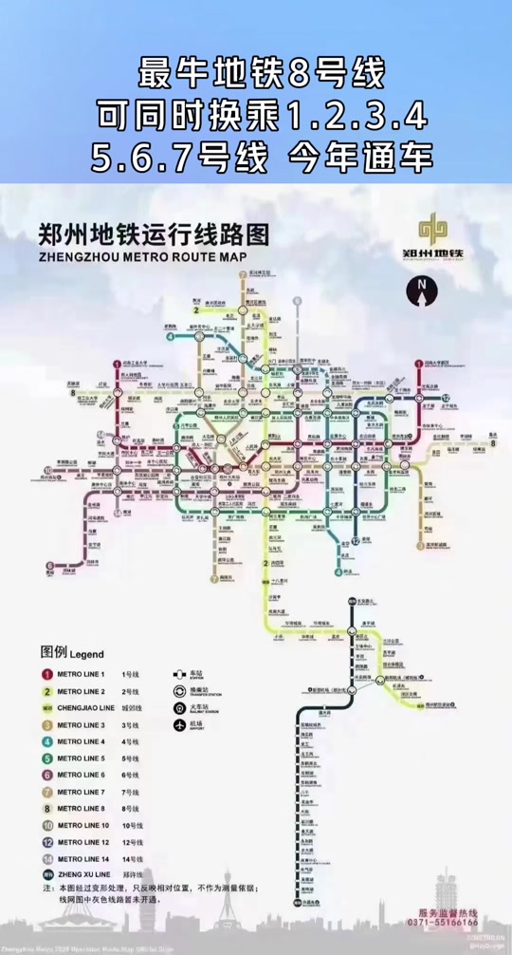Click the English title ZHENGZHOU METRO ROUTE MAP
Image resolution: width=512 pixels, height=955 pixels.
click(141, 256)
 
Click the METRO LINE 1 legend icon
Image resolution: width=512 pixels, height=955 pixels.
click(45, 674)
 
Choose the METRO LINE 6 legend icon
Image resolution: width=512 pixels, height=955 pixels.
click(45, 775)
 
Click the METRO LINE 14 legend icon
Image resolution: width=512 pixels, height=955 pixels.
click(45, 859)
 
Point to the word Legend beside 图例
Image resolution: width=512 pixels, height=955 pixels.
click(85, 654)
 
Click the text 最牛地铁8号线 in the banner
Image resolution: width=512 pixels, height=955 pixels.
click(256, 72)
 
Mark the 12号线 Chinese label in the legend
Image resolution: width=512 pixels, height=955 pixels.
click(131, 842)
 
